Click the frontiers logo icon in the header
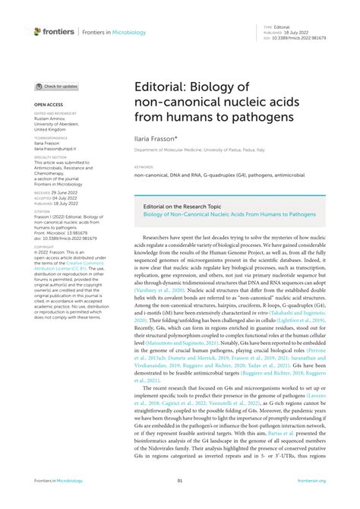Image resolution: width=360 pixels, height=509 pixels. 38,31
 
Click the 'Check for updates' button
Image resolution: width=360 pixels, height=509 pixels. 56,87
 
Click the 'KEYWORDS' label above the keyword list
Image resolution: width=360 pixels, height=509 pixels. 143,166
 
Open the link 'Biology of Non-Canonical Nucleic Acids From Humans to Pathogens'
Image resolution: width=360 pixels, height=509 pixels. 229,214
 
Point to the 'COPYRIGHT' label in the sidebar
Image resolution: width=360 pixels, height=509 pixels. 44,247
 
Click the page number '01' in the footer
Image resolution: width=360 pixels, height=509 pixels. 180,481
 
